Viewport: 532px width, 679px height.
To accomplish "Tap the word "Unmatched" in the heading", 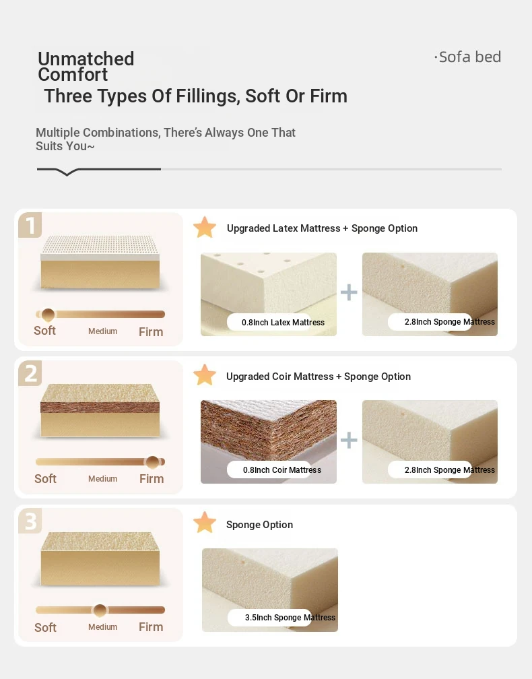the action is pyautogui.click(x=86, y=59).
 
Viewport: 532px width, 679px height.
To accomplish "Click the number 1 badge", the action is pyautogui.click(x=30, y=225).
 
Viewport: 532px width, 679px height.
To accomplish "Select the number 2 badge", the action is pyautogui.click(x=30, y=373).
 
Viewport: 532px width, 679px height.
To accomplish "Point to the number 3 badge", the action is pyautogui.click(x=30, y=521).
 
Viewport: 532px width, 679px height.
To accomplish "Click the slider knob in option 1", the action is pyautogui.click(x=48, y=315).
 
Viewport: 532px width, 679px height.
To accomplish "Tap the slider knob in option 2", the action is pyautogui.click(x=152, y=462).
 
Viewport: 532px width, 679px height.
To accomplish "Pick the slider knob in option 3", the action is pyautogui.click(x=100, y=610).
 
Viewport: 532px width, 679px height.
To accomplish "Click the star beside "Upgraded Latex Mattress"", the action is pyautogui.click(x=205, y=228).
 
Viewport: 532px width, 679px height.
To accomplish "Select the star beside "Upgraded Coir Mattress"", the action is pyautogui.click(x=205, y=375).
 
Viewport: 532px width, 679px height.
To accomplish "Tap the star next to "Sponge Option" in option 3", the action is pyautogui.click(x=205, y=523).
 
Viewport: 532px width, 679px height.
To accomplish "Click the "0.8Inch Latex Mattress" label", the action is pyautogui.click(x=283, y=322).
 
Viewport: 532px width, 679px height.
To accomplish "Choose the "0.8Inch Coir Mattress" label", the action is pyautogui.click(x=281, y=470).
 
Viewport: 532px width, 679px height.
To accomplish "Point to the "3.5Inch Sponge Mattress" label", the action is pyautogui.click(x=290, y=618).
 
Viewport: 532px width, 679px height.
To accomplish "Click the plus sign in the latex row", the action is pyautogui.click(x=349, y=292).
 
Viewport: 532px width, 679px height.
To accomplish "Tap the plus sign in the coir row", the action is pyautogui.click(x=349, y=441).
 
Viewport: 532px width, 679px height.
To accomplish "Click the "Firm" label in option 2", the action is pyautogui.click(x=152, y=478).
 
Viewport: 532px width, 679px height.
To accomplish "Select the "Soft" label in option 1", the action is pyautogui.click(x=44, y=330).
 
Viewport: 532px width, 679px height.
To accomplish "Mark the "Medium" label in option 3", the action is pyautogui.click(x=102, y=626).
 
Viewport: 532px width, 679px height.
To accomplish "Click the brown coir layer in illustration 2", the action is pyautogui.click(x=100, y=407).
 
